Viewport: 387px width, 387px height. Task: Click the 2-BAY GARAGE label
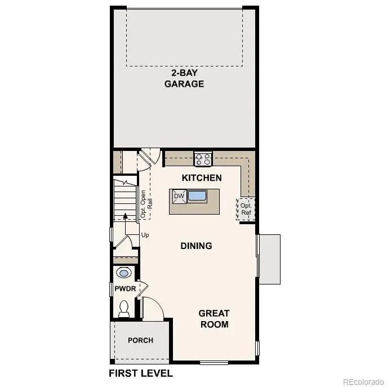tap(184, 78)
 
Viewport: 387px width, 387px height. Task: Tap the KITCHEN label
tap(202, 177)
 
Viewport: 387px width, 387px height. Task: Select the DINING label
tap(196, 246)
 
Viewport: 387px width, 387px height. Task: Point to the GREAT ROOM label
tap(213, 318)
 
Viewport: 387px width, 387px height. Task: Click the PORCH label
tap(140, 340)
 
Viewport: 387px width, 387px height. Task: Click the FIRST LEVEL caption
tap(140, 373)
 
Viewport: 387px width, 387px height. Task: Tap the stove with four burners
tap(203, 159)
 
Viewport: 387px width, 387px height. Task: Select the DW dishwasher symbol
tap(179, 196)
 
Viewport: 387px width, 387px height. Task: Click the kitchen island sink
tap(197, 196)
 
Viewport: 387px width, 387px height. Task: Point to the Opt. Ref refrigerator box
tap(246, 209)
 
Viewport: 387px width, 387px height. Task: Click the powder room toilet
tap(124, 308)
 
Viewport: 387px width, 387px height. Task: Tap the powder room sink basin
tap(124, 273)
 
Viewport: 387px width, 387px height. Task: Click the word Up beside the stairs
tap(145, 234)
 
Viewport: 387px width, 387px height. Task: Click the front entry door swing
tap(152, 309)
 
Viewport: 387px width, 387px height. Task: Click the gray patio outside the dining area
tap(269, 259)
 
